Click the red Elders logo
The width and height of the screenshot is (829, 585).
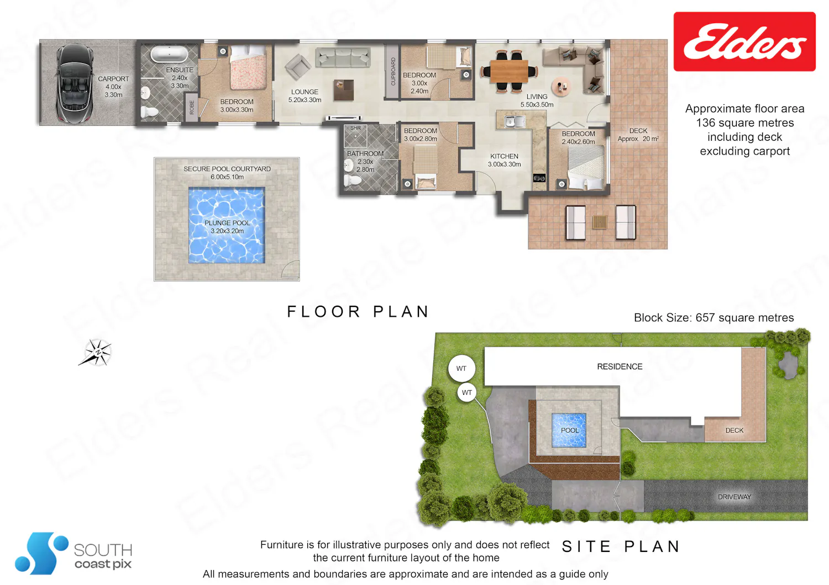744,41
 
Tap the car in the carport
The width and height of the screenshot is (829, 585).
74,83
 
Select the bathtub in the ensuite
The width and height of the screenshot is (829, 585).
169,54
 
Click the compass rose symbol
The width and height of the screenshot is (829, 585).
96,352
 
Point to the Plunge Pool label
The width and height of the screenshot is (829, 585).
227,227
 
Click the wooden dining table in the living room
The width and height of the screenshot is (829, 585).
509,71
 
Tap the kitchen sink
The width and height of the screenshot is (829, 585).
515,121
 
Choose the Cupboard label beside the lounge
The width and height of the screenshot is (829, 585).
393,71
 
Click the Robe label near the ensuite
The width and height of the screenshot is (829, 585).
192,107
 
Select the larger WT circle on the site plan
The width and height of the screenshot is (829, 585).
461,369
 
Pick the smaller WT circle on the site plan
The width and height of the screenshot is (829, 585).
466,392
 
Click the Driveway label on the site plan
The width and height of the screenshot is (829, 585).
734,497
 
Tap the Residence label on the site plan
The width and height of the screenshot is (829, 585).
620,366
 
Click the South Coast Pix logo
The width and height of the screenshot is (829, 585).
74,553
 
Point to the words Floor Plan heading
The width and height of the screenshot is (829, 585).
358,311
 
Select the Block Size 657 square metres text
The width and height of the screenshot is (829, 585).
714,317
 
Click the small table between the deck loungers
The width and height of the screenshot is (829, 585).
600,222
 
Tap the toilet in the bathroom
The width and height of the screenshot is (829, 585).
353,180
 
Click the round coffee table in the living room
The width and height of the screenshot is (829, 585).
561,87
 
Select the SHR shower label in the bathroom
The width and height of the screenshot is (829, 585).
355,128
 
